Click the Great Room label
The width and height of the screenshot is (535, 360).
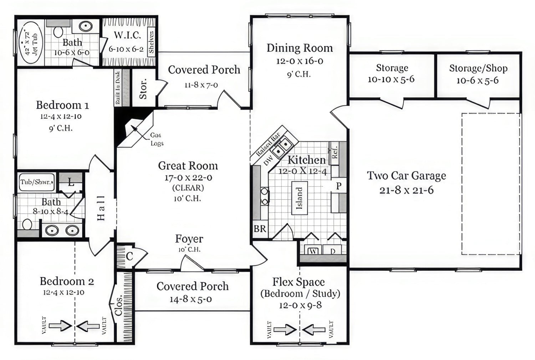pyautogui.click(x=188, y=166)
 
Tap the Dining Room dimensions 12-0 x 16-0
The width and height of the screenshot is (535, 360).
pyautogui.click(x=300, y=61)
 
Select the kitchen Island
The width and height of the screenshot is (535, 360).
pyautogui.click(x=300, y=198)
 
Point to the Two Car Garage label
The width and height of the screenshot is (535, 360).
pyautogui.click(x=407, y=176)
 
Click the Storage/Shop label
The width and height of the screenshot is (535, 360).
pyautogui.click(x=478, y=68)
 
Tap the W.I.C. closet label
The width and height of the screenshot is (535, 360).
pyautogui.click(x=127, y=35)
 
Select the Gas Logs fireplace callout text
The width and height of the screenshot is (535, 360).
pyautogui.click(x=156, y=139)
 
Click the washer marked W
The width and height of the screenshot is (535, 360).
pyautogui.click(x=313, y=251)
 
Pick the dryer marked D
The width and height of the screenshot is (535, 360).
pyautogui.click(x=332, y=251)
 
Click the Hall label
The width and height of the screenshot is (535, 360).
pyautogui.click(x=101, y=208)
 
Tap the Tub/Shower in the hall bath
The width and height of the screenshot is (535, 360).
pyautogui.click(x=36, y=182)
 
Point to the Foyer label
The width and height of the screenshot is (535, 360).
pyautogui.click(x=189, y=239)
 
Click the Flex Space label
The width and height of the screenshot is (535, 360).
pyautogui.click(x=299, y=282)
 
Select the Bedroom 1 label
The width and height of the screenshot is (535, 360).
pyautogui.click(x=62, y=105)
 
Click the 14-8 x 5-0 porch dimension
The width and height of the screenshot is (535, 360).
pyautogui.click(x=190, y=299)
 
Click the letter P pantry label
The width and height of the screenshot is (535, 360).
pyautogui.click(x=338, y=186)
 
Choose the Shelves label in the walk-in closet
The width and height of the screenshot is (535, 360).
pyautogui.click(x=151, y=42)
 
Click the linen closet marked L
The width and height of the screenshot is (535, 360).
pyautogui.click(x=71, y=183)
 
